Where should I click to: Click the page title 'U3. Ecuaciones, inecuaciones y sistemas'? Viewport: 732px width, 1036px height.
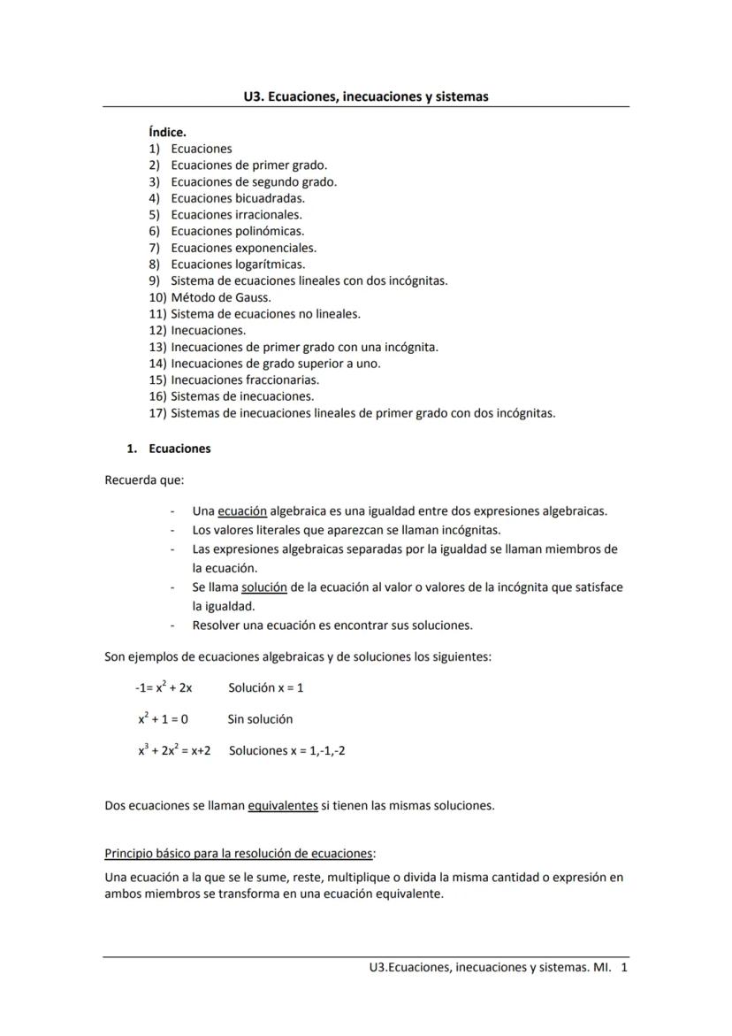(365, 96)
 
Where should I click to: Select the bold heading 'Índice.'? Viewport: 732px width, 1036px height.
(167, 133)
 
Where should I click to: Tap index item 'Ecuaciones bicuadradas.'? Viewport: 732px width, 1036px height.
(238, 198)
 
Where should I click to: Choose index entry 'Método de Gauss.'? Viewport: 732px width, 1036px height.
(220, 297)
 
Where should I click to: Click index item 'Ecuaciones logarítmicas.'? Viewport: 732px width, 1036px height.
(238, 264)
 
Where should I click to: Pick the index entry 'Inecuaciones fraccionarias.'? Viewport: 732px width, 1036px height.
(245, 380)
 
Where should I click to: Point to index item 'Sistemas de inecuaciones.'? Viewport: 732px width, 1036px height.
(242, 396)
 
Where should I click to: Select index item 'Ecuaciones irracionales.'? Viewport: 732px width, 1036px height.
(236, 214)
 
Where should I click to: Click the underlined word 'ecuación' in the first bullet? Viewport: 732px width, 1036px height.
(242, 511)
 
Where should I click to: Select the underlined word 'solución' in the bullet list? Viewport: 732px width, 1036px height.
(264, 587)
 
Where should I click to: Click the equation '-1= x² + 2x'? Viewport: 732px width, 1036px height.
(164, 687)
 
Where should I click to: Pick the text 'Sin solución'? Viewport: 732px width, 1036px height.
(260, 719)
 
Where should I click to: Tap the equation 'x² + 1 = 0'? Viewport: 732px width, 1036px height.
(163, 719)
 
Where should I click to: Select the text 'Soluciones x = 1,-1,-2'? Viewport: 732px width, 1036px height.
(287, 750)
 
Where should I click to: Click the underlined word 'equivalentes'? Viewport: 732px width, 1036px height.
(283, 806)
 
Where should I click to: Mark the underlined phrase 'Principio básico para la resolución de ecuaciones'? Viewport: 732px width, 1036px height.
(239, 854)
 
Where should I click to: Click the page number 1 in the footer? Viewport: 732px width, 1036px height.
(624, 968)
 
